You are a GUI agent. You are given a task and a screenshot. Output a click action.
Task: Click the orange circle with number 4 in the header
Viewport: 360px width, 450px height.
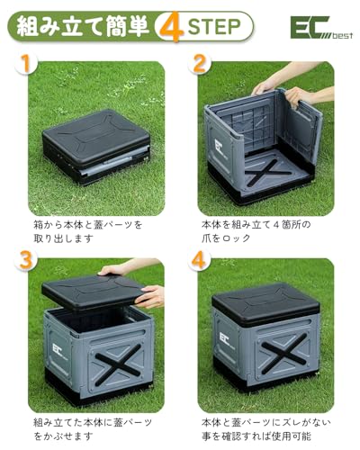(x=170, y=27)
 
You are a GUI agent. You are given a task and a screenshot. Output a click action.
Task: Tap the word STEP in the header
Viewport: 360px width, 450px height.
(x=214, y=27)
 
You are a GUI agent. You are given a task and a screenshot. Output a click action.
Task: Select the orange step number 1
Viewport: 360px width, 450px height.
(x=29, y=66)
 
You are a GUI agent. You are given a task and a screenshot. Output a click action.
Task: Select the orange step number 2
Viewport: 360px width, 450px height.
(x=201, y=66)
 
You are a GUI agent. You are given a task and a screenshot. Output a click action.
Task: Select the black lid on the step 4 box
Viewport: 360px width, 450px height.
(x=265, y=306)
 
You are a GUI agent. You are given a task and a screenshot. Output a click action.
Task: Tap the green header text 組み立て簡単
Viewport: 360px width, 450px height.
(x=80, y=27)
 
